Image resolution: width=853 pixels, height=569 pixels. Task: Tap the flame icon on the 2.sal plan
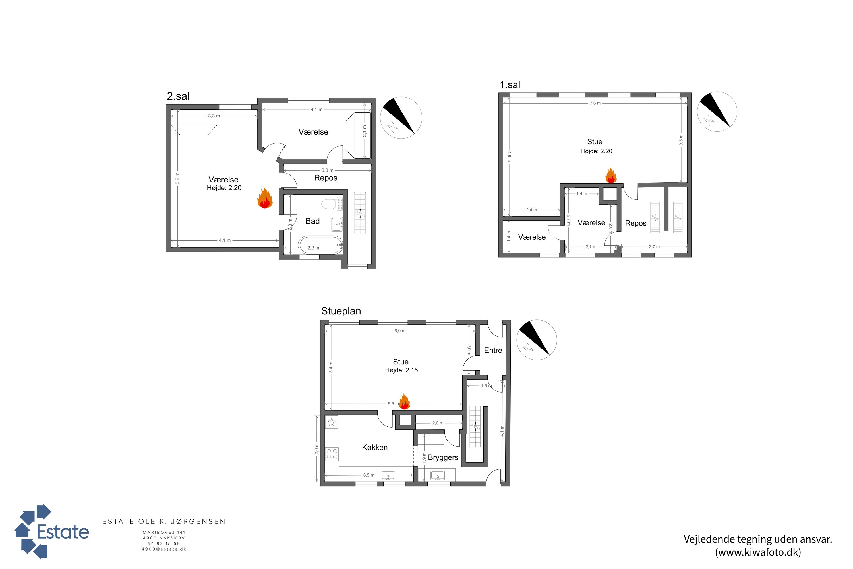(265, 198)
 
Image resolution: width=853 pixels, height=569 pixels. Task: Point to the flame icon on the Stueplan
(404, 402)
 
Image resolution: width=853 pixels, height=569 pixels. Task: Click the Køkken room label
(375, 448)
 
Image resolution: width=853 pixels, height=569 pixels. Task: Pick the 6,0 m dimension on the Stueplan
(400, 331)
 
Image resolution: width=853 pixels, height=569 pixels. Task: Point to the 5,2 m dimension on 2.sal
(177, 178)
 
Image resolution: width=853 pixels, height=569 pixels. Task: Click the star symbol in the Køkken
(332, 422)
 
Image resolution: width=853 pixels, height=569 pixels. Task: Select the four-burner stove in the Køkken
(332, 454)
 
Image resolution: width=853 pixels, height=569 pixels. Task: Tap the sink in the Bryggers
(437, 475)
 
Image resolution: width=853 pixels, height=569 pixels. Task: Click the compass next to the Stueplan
(536, 340)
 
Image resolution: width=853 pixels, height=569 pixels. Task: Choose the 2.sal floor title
(178, 96)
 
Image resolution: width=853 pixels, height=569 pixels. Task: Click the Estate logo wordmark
(63, 532)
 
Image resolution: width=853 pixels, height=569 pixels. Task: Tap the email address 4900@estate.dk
(164, 549)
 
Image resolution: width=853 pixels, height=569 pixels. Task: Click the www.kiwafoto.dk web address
(758, 552)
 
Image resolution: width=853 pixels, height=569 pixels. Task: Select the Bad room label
(312, 221)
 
